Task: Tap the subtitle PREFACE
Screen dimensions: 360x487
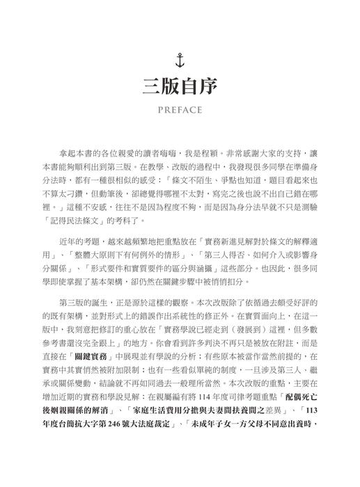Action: tap(180, 109)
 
